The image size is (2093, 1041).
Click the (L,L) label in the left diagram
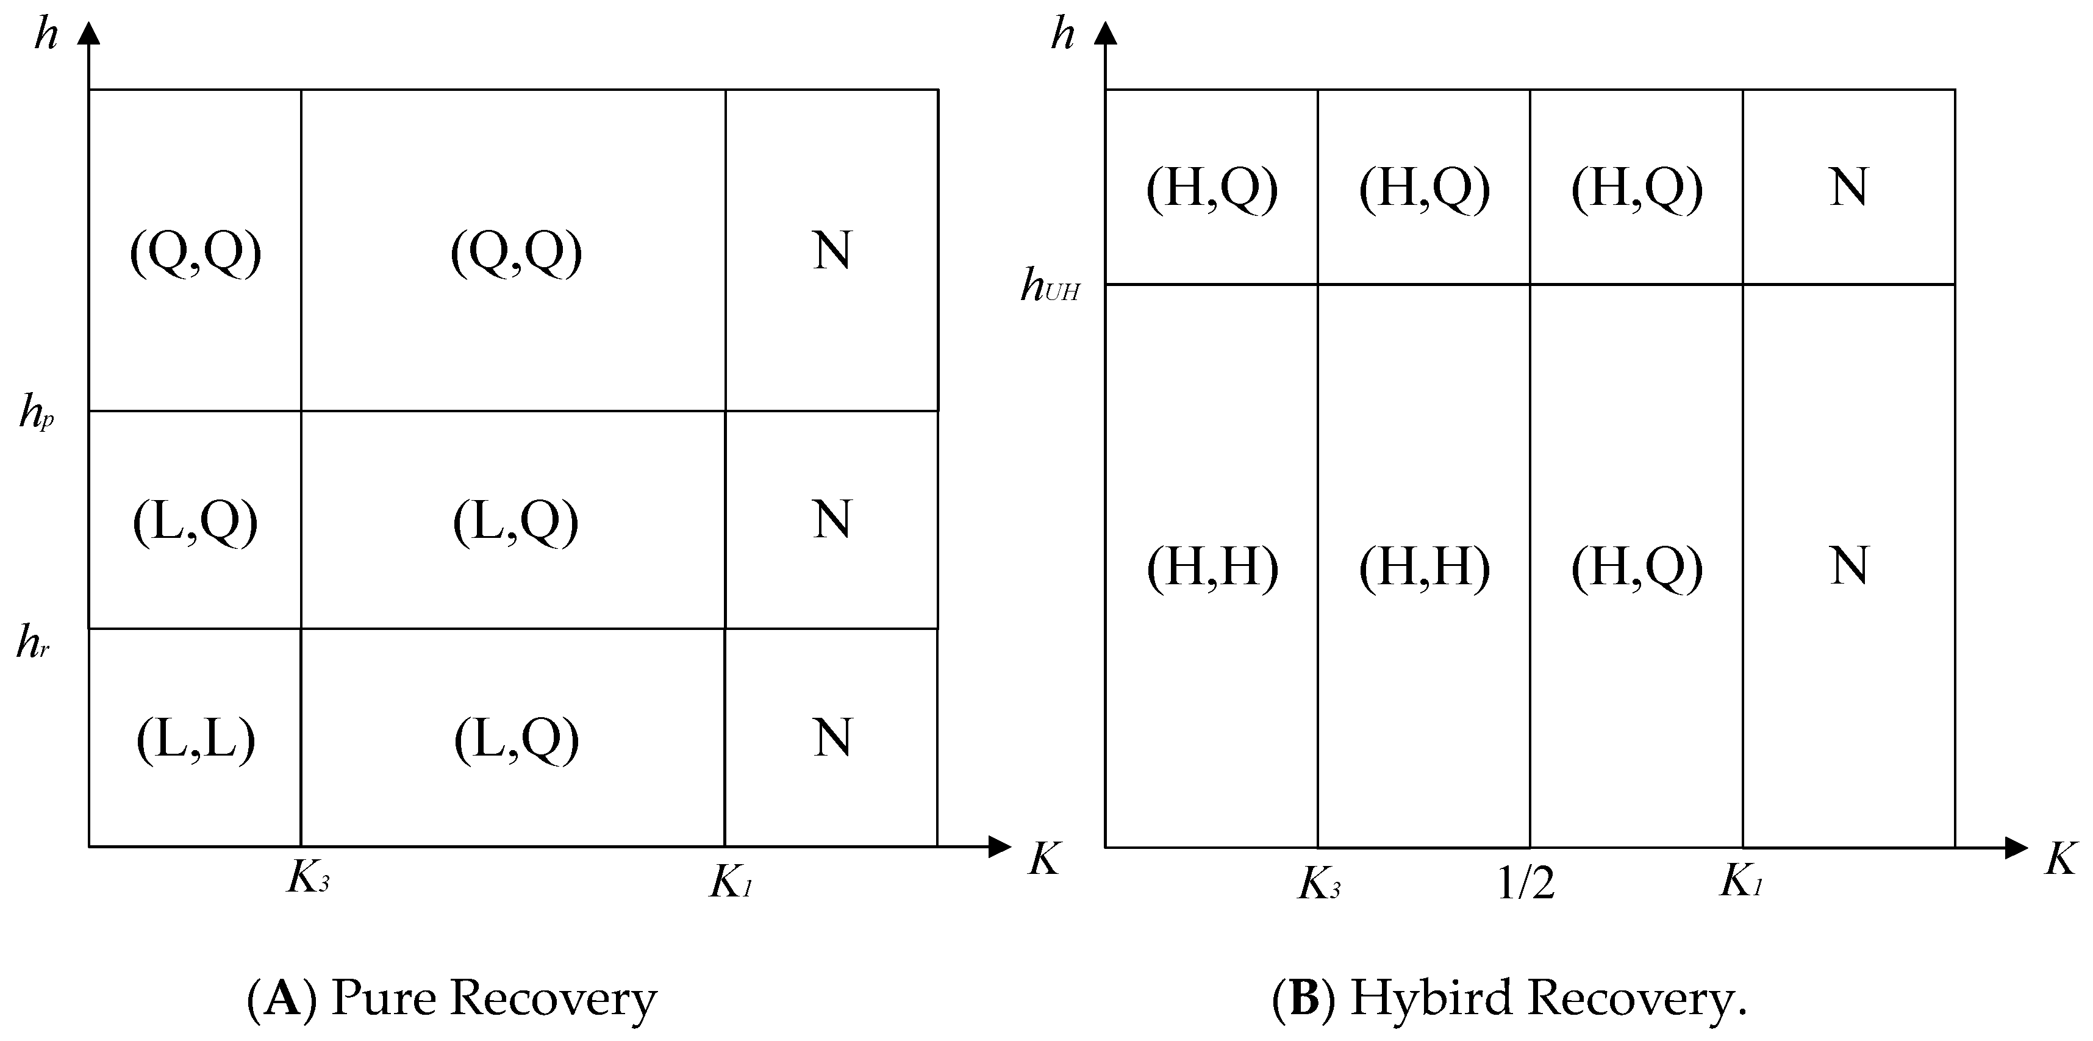(195, 739)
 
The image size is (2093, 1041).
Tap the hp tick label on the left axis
(37, 413)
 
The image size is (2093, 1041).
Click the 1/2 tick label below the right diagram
(1526, 883)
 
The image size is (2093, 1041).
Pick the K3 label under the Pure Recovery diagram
(308, 878)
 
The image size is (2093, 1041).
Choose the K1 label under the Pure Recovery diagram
(731, 882)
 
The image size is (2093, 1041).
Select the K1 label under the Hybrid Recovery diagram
(1741, 880)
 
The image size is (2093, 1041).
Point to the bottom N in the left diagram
(832, 738)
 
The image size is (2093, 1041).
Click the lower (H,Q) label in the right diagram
(1636, 567)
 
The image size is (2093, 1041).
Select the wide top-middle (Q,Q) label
(516, 252)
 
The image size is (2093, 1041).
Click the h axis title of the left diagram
(46, 37)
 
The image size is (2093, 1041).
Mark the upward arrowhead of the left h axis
(90, 32)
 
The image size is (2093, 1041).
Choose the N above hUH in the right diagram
(1848, 188)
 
